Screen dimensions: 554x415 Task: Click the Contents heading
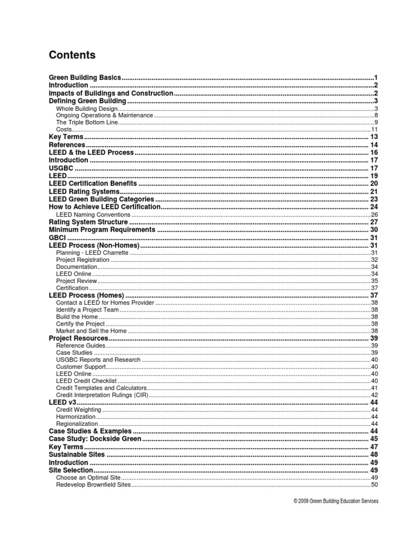(72, 55)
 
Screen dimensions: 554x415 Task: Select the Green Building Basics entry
(85, 78)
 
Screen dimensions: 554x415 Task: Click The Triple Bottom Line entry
(86, 123)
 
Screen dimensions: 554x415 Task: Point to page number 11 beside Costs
(373, 130)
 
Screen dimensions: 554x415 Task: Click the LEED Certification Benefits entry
(92, 184)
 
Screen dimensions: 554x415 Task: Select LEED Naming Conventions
(92, 215)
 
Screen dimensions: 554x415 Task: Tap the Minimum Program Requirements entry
(102, 230)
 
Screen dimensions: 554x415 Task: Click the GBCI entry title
(57, 238)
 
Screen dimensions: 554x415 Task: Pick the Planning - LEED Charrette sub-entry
(92, 253)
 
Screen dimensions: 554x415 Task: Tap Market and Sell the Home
(91, 331)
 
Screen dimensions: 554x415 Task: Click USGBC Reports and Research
(98, 360)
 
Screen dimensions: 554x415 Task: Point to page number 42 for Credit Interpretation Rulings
(373, 395)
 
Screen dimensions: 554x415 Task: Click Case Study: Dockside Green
(95, 439)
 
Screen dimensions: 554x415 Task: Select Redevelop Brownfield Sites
(93, 485)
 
